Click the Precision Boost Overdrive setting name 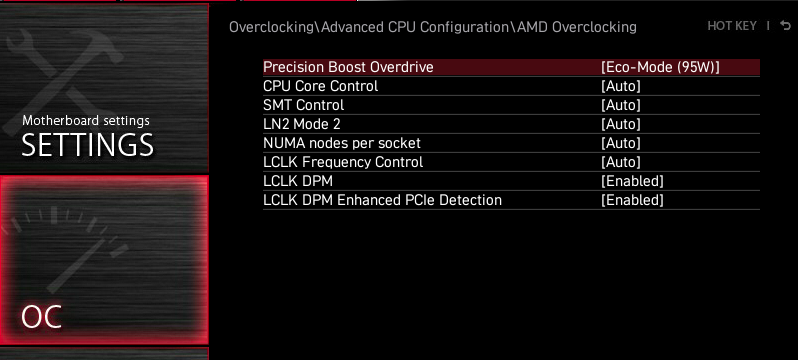tap(348, 67)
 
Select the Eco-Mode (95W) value tap(660, 67)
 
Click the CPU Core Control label tap(321, 86)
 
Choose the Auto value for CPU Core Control tap(620, 86)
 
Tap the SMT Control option tap(303, 105)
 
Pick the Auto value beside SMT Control tap(620, 105)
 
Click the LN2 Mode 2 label tap(302, 124)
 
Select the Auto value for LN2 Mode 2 tap(620, 124)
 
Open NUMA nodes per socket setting tap(342, 143)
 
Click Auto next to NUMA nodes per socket tap(620, 143)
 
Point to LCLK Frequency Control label tap(343, 162)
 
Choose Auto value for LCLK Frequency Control tap(620, 162)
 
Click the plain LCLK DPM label tap(298, 181)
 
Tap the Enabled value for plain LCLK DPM tap(632, 181)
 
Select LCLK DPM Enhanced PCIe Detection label tap(382, 200)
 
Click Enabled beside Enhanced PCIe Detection tap(632, 200)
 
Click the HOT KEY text tap(732, 25)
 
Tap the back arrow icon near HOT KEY tap(785, 25)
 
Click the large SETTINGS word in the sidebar tap(88, 145)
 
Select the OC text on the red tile tap(42, 317)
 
